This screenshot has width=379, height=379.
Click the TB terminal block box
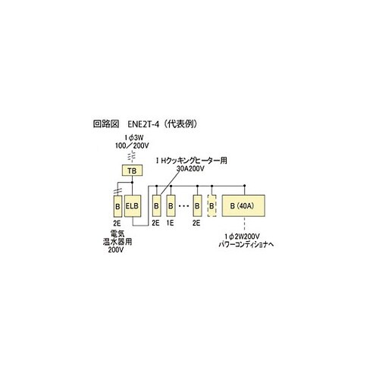(132, 171)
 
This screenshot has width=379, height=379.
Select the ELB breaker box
(133, 206)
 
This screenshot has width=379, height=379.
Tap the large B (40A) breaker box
(243, 205)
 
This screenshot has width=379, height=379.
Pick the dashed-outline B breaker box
(211, 205)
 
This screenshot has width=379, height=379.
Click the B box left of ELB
(117, 206)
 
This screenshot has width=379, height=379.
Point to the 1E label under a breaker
(171, 223)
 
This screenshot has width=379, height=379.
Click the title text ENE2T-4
(143, 124)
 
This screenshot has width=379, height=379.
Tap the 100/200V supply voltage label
(132, 146)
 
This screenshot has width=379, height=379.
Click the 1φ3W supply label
(133, 138)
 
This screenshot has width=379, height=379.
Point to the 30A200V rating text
(189, 168)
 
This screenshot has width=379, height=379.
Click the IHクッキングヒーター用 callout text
(191, 161)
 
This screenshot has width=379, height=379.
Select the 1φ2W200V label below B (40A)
(242, 236)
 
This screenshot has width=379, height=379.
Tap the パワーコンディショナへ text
(246, 245)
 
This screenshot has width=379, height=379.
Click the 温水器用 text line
(117, 242)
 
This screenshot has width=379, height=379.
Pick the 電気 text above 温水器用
(117, 233)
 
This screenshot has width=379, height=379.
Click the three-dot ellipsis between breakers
(183, 206)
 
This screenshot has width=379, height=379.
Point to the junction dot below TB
(132, 182)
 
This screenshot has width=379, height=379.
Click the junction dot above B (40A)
(244, 186)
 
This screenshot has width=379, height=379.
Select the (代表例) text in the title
(180, 124)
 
